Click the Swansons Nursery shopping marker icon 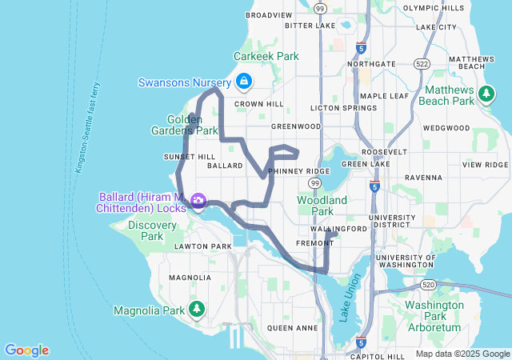pyautogui.click(x=243, y=82)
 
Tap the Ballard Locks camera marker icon pyautogui.click(x=198, y=201)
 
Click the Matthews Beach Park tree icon pyautogui.click(x=486, y=94)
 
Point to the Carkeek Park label pyautogui.click(x=266, y=57)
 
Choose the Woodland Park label pyautogui.click(x=322, y=206)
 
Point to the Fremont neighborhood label pyautogui.click(x=308, y=242)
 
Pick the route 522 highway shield pyautogui.click(x=421, y=63)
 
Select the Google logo pyautogui.click(x=26, y=350)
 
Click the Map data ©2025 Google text pyautogui.click(x=462, y=354)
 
